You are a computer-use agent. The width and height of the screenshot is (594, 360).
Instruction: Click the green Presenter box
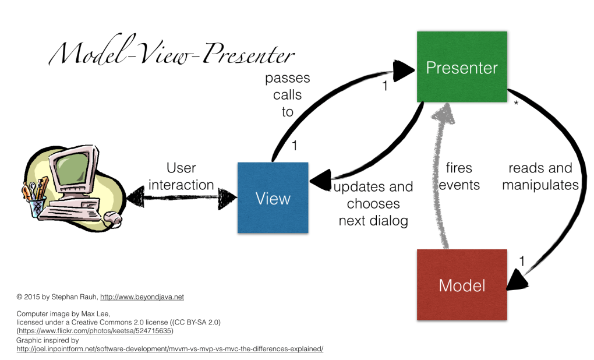[x=461, y=67]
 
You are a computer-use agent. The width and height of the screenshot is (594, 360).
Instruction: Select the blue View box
[x=273, y=198]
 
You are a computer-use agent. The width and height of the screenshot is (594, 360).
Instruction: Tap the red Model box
[x=462, y=285]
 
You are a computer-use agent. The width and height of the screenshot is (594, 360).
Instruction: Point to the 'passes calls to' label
[x=287, y=94]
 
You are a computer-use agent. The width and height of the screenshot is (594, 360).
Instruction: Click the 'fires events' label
[x=459, y=177]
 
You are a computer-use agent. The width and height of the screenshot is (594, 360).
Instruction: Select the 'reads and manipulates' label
[x=540, y=177]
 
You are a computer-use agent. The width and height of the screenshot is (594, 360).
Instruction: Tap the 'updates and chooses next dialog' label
[x=373, y=204]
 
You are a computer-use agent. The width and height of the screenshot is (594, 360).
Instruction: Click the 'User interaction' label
[x=181, y=177]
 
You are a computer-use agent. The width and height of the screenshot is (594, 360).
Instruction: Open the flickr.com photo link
[x=95, y=331]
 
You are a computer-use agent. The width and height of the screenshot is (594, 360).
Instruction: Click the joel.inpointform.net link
[x=169, y=348]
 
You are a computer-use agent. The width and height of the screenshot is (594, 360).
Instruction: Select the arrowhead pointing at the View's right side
[x=320, y=182]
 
